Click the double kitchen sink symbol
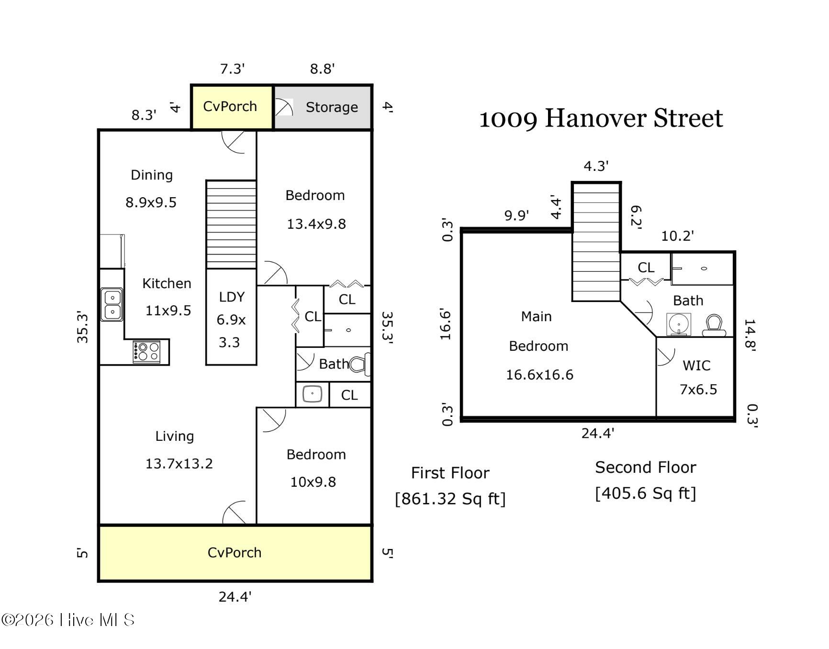(x=112, y=304)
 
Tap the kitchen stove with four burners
(x=146, y=352)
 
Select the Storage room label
(x=332, y=107)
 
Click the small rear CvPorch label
(x=230, y=106)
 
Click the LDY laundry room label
(x=232, y=297)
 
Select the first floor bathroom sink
(x=312, y=394)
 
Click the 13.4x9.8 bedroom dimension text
(x=316, y=224)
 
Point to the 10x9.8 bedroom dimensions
(x=313, y=482)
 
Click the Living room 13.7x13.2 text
(x=179, y=463)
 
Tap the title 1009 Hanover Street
(x=601, y=119)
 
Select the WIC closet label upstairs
(x=696, y=366)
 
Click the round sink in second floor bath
(x=679, y=324)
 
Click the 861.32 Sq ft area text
(x=450, y=499)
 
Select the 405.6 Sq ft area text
(x=645, y=493)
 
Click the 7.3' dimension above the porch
(x=232, y=69)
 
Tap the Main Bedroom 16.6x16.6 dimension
(x=539, y=375)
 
